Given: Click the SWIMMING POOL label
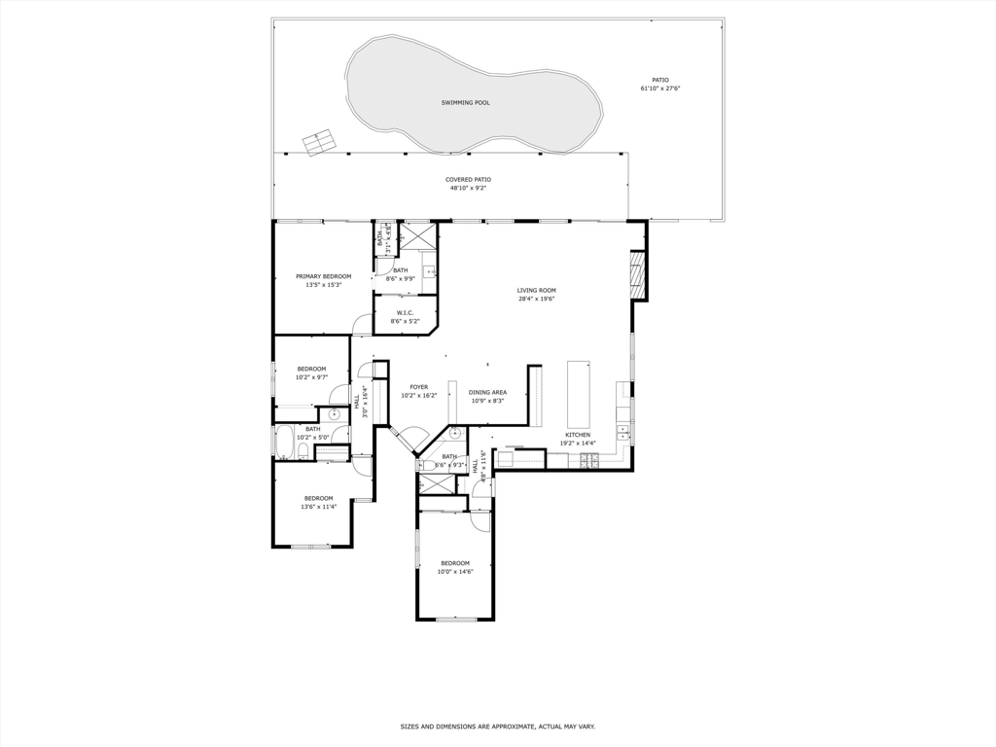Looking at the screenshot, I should pyautogui.click(x=465, y=102).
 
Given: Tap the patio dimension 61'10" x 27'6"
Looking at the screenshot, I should pyautogui.click(x=659, y=89).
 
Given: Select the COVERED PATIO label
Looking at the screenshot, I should pyautogui.click(x=468, y=179).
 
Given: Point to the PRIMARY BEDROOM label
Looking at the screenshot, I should pyautogui.click(x=323, y=276).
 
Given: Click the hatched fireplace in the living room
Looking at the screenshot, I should pyautogui.click(x=638, y=275).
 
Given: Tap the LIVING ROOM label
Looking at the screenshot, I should pyautogui.click(x=536, y=290).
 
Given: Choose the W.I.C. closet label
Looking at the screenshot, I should pyautogui.click(x=405, y=312).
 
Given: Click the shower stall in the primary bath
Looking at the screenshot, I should pyautogui.click(x=419, y=236).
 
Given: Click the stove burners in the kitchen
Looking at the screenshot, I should pyautogui.click(x=589, y=460).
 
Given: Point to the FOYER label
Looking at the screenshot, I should pyautogui.click(x=418, y=387).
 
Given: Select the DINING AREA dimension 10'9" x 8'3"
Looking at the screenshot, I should pyautogui.click(x=487, y=401).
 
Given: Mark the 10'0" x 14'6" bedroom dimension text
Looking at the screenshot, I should pyautogui.click(x=454, y=572).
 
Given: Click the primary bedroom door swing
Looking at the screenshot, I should pyautogui.click(x=362, y=324).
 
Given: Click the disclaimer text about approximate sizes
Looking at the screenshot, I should pyautogui.click(x=497, y=727).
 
